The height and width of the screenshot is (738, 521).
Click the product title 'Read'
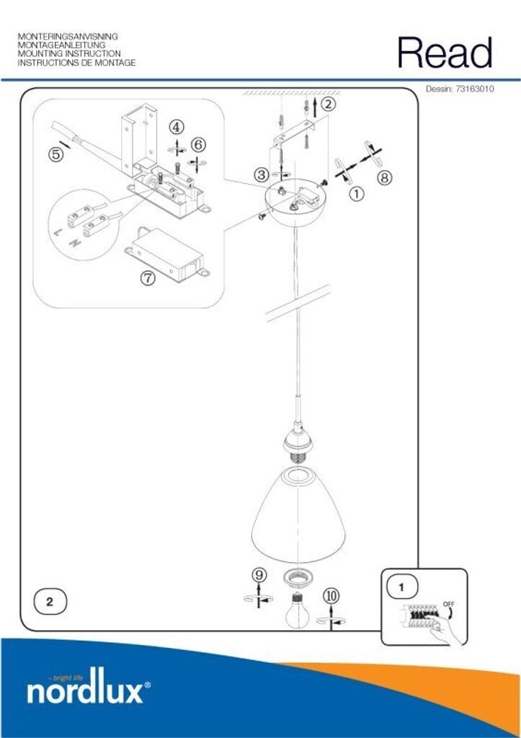pos(445,53)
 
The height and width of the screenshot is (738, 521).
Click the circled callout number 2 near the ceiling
pos(328,104)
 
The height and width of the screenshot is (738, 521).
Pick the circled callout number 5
pos(55,154)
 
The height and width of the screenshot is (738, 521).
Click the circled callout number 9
pos(259,574)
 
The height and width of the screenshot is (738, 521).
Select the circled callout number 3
pos(262,174)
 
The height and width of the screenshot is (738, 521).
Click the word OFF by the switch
pos(448,603)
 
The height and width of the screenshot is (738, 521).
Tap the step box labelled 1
pos(401,587)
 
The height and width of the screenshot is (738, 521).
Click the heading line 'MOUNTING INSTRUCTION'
pos(69,53)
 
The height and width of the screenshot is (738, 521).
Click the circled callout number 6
pos(198,145)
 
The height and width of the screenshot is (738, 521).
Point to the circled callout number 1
pos(357,192)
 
